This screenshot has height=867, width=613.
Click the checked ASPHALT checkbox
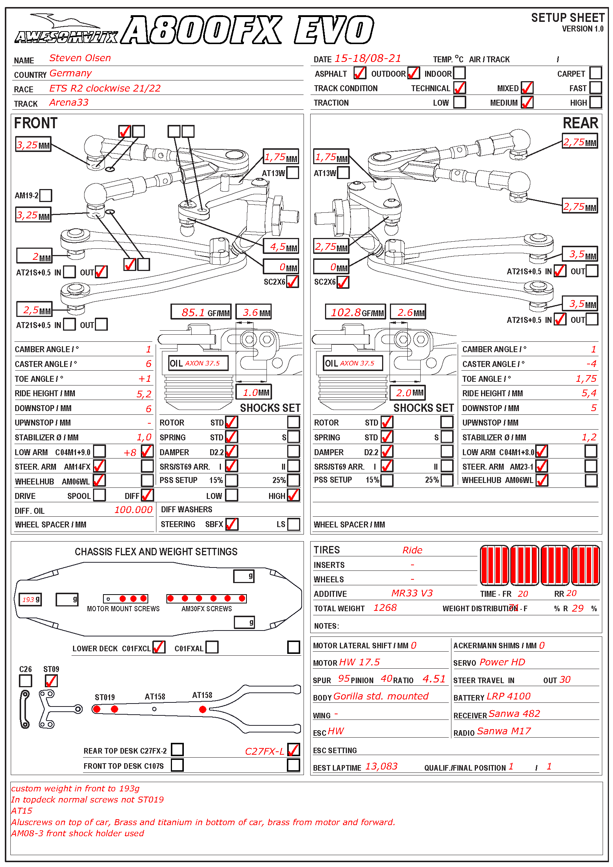coord(359,73)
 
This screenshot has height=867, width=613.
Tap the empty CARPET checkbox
coord(595,73)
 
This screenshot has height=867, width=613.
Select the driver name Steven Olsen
coord(80,58)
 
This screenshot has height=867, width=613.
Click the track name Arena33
coord(69,102)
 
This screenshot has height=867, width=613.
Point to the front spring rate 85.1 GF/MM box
coord(201,312)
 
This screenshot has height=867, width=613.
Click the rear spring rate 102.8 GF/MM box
coord(355,312)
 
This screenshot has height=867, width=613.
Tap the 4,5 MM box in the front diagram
coord(281,247)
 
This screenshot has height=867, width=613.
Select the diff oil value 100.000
coord(133,510)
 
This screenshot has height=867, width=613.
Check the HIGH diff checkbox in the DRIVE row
coord(293,495)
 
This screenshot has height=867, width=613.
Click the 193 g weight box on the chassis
coord(30,599)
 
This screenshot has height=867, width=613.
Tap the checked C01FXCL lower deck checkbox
coord(159,647)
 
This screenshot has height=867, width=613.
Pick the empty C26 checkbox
coord(25,681)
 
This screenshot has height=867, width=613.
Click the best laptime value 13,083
coord(381,766)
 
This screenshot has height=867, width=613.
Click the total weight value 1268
coord(385,608)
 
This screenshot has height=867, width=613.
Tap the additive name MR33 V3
coord(412,593)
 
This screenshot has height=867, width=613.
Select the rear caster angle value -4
coord(591,364)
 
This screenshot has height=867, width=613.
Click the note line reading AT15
coord(22,811)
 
